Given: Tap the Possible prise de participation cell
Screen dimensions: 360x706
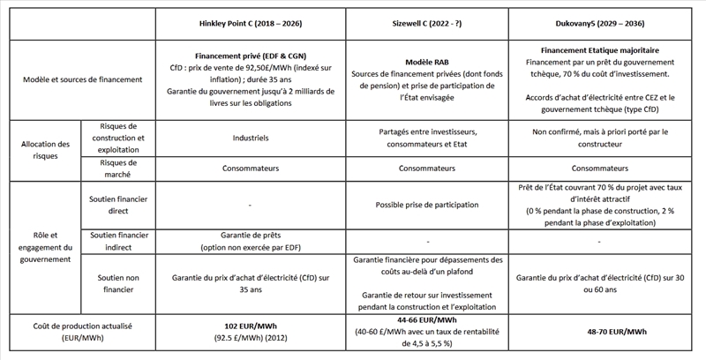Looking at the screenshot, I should click(422, 205).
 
